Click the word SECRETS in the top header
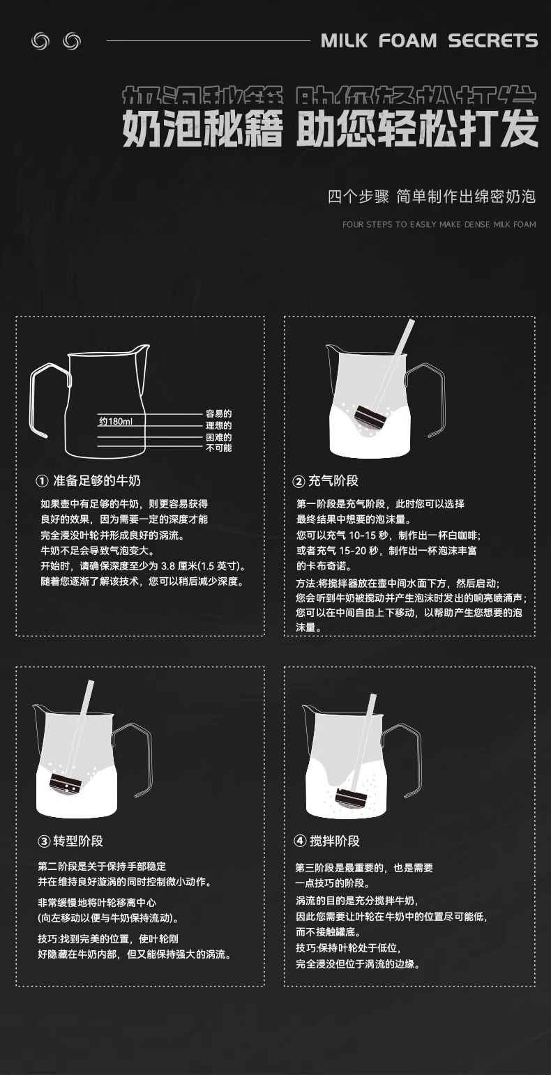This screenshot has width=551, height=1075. pyautogui.click(x=493, y=41)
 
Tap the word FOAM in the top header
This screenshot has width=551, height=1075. pyautogui.click(x=407, y=41)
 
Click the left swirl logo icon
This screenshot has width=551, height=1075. pyautogui.click(x=40, y=41)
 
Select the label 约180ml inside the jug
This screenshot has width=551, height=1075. pyautogui.click(x=116, y=422)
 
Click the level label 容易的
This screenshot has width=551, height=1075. pyautogui.click(x=219, y=413)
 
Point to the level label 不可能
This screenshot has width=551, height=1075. pyautogui.click(x=219, y=448)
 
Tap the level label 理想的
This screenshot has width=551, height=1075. pyautogui.click(x=219, y=425)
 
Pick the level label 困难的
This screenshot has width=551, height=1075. pyautogui.click(x=219, y=436)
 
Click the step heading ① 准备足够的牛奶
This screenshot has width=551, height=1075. pyautogui.click(x=89, y=481)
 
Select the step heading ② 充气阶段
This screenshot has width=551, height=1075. pyautogui.click(x=326, y=481)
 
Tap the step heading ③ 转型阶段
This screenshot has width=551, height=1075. pyautogui.click(x=70, y=841)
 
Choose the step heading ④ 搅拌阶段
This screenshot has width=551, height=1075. pyautogui.click(x=326, y=841)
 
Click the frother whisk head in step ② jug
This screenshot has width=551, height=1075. pyautogui.click(x=370, y=418)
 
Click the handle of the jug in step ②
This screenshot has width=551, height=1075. pyautogui.click(x=428, y=399)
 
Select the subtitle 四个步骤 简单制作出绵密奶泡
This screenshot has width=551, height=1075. pyautogui.click(x=432, y=197)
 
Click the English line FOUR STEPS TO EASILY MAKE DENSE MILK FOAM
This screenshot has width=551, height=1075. pyautogui.click(x=439, y=224)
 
